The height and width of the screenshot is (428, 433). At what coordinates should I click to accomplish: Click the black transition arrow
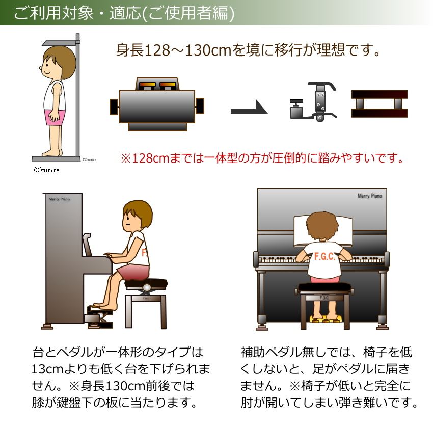point(249,108)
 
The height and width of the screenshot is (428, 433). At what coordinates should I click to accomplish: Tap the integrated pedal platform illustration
point(157,104)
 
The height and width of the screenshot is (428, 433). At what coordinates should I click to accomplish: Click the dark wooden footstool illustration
point(380,104)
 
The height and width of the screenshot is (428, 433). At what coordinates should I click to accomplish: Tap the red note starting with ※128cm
point(262,158)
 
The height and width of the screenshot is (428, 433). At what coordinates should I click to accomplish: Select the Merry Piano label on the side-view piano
point(59,199)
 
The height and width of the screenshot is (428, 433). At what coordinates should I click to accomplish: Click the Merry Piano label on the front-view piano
point(369,196)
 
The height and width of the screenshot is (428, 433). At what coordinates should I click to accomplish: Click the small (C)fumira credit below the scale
point(45,170)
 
